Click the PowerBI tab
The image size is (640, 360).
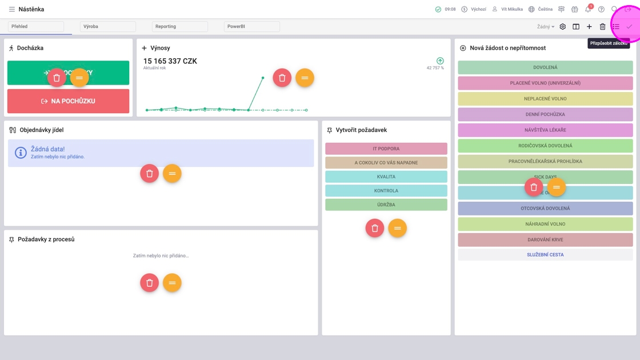coord(251,26)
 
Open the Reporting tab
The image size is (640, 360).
coord(179,26)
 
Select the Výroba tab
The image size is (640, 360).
coord(107,26)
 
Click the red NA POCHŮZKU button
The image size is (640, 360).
coord(68,101)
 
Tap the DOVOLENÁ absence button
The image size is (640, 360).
coord(545,67)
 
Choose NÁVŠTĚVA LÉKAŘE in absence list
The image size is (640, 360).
coord(545,130)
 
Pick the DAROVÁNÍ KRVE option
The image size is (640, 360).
coord(545,239)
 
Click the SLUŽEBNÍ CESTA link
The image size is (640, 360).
coord(545,255)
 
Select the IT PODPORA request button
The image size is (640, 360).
coord(386,149)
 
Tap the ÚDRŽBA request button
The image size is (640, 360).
coord(386,205)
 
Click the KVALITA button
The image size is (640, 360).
coord(386,177)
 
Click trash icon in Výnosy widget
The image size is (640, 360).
coord(282,78)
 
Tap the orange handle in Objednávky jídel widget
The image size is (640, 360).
coord(172,173)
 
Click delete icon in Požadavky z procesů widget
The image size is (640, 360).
coord(149,283)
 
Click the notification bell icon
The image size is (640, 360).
coord(587,10)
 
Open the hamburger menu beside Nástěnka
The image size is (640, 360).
coord(11,9)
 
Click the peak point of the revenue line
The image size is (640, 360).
coord(263,78)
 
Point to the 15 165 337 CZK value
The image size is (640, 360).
coord(170,61)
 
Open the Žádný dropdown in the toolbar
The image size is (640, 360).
coord(545,27)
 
